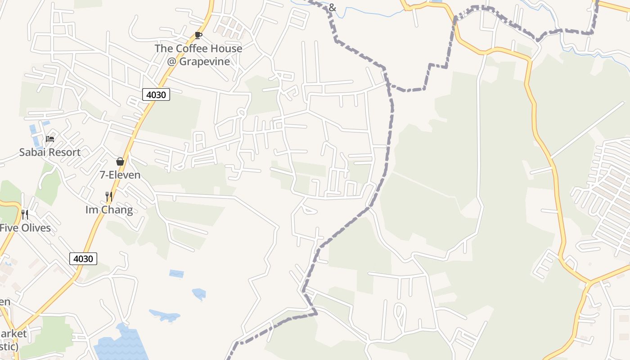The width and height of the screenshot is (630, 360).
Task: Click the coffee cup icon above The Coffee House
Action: tap(198, 35)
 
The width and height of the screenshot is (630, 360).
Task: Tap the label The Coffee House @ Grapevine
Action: tap(198, 55)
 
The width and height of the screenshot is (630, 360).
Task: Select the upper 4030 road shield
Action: tap(156, 94)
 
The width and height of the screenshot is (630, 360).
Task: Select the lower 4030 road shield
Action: tap(83, 258)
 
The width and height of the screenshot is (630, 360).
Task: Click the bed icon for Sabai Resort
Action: tap(50, 139)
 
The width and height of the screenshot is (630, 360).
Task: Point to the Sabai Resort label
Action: tap(49, 152)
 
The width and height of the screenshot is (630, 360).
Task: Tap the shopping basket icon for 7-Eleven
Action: tap(120, 162)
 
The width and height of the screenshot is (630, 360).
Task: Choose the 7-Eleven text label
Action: tap(120, 175)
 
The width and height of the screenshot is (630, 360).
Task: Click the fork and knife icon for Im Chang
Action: tap(108, 197)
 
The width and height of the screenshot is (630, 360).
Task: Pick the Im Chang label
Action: tap(109, 210)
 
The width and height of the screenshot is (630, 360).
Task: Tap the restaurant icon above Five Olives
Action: tap(25, 215)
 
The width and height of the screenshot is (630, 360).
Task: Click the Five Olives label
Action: tap(25, 228)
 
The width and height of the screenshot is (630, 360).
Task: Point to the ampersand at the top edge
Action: tap(333, 7)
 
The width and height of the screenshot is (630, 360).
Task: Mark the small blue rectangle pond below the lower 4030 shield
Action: tap(176, 274)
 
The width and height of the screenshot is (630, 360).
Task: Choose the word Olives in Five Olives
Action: tap(35, 228)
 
